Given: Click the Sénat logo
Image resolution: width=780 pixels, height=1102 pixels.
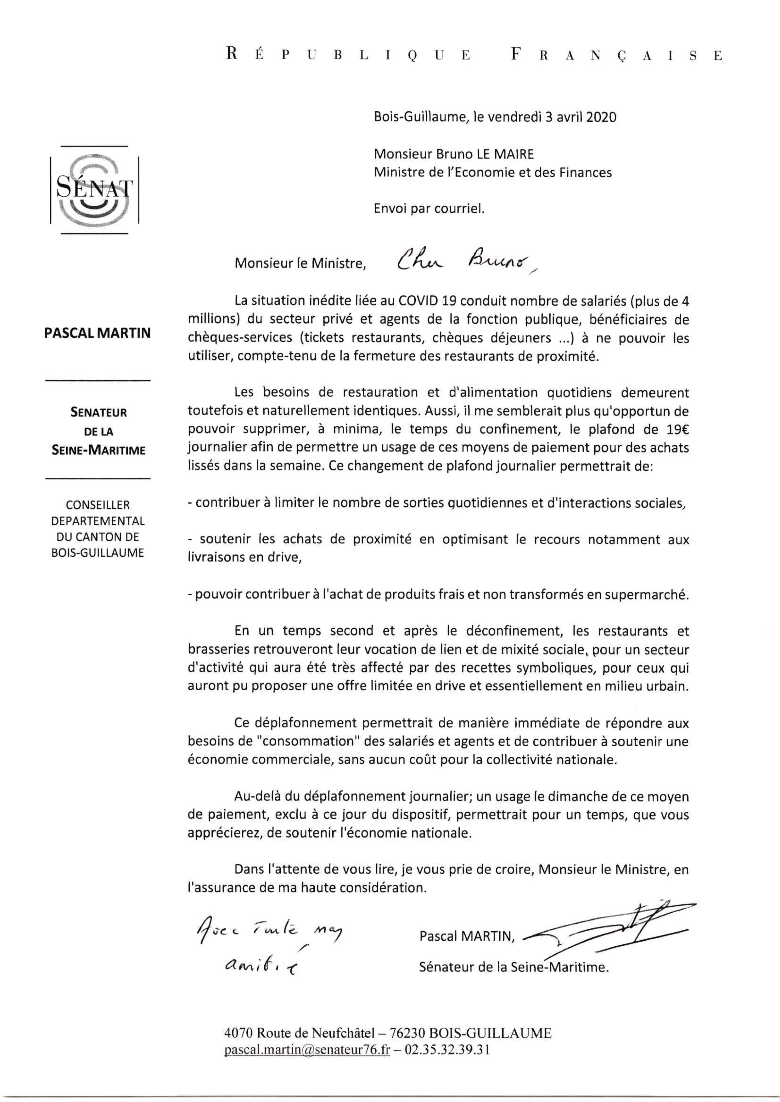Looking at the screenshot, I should (94, 189).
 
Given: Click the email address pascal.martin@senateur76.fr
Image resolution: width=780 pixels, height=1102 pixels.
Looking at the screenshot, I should (307, 1052).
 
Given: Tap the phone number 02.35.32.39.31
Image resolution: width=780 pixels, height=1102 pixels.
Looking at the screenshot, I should (447, 1052).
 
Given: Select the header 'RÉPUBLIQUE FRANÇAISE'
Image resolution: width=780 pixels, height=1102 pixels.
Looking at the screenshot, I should (474, 55).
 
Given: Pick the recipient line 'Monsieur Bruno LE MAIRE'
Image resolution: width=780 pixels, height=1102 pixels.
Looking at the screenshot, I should (454, 154).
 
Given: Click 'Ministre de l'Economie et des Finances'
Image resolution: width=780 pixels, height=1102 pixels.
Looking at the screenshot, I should (493, 172).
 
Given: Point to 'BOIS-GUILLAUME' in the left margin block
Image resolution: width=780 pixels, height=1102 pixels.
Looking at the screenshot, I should (98, 553).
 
